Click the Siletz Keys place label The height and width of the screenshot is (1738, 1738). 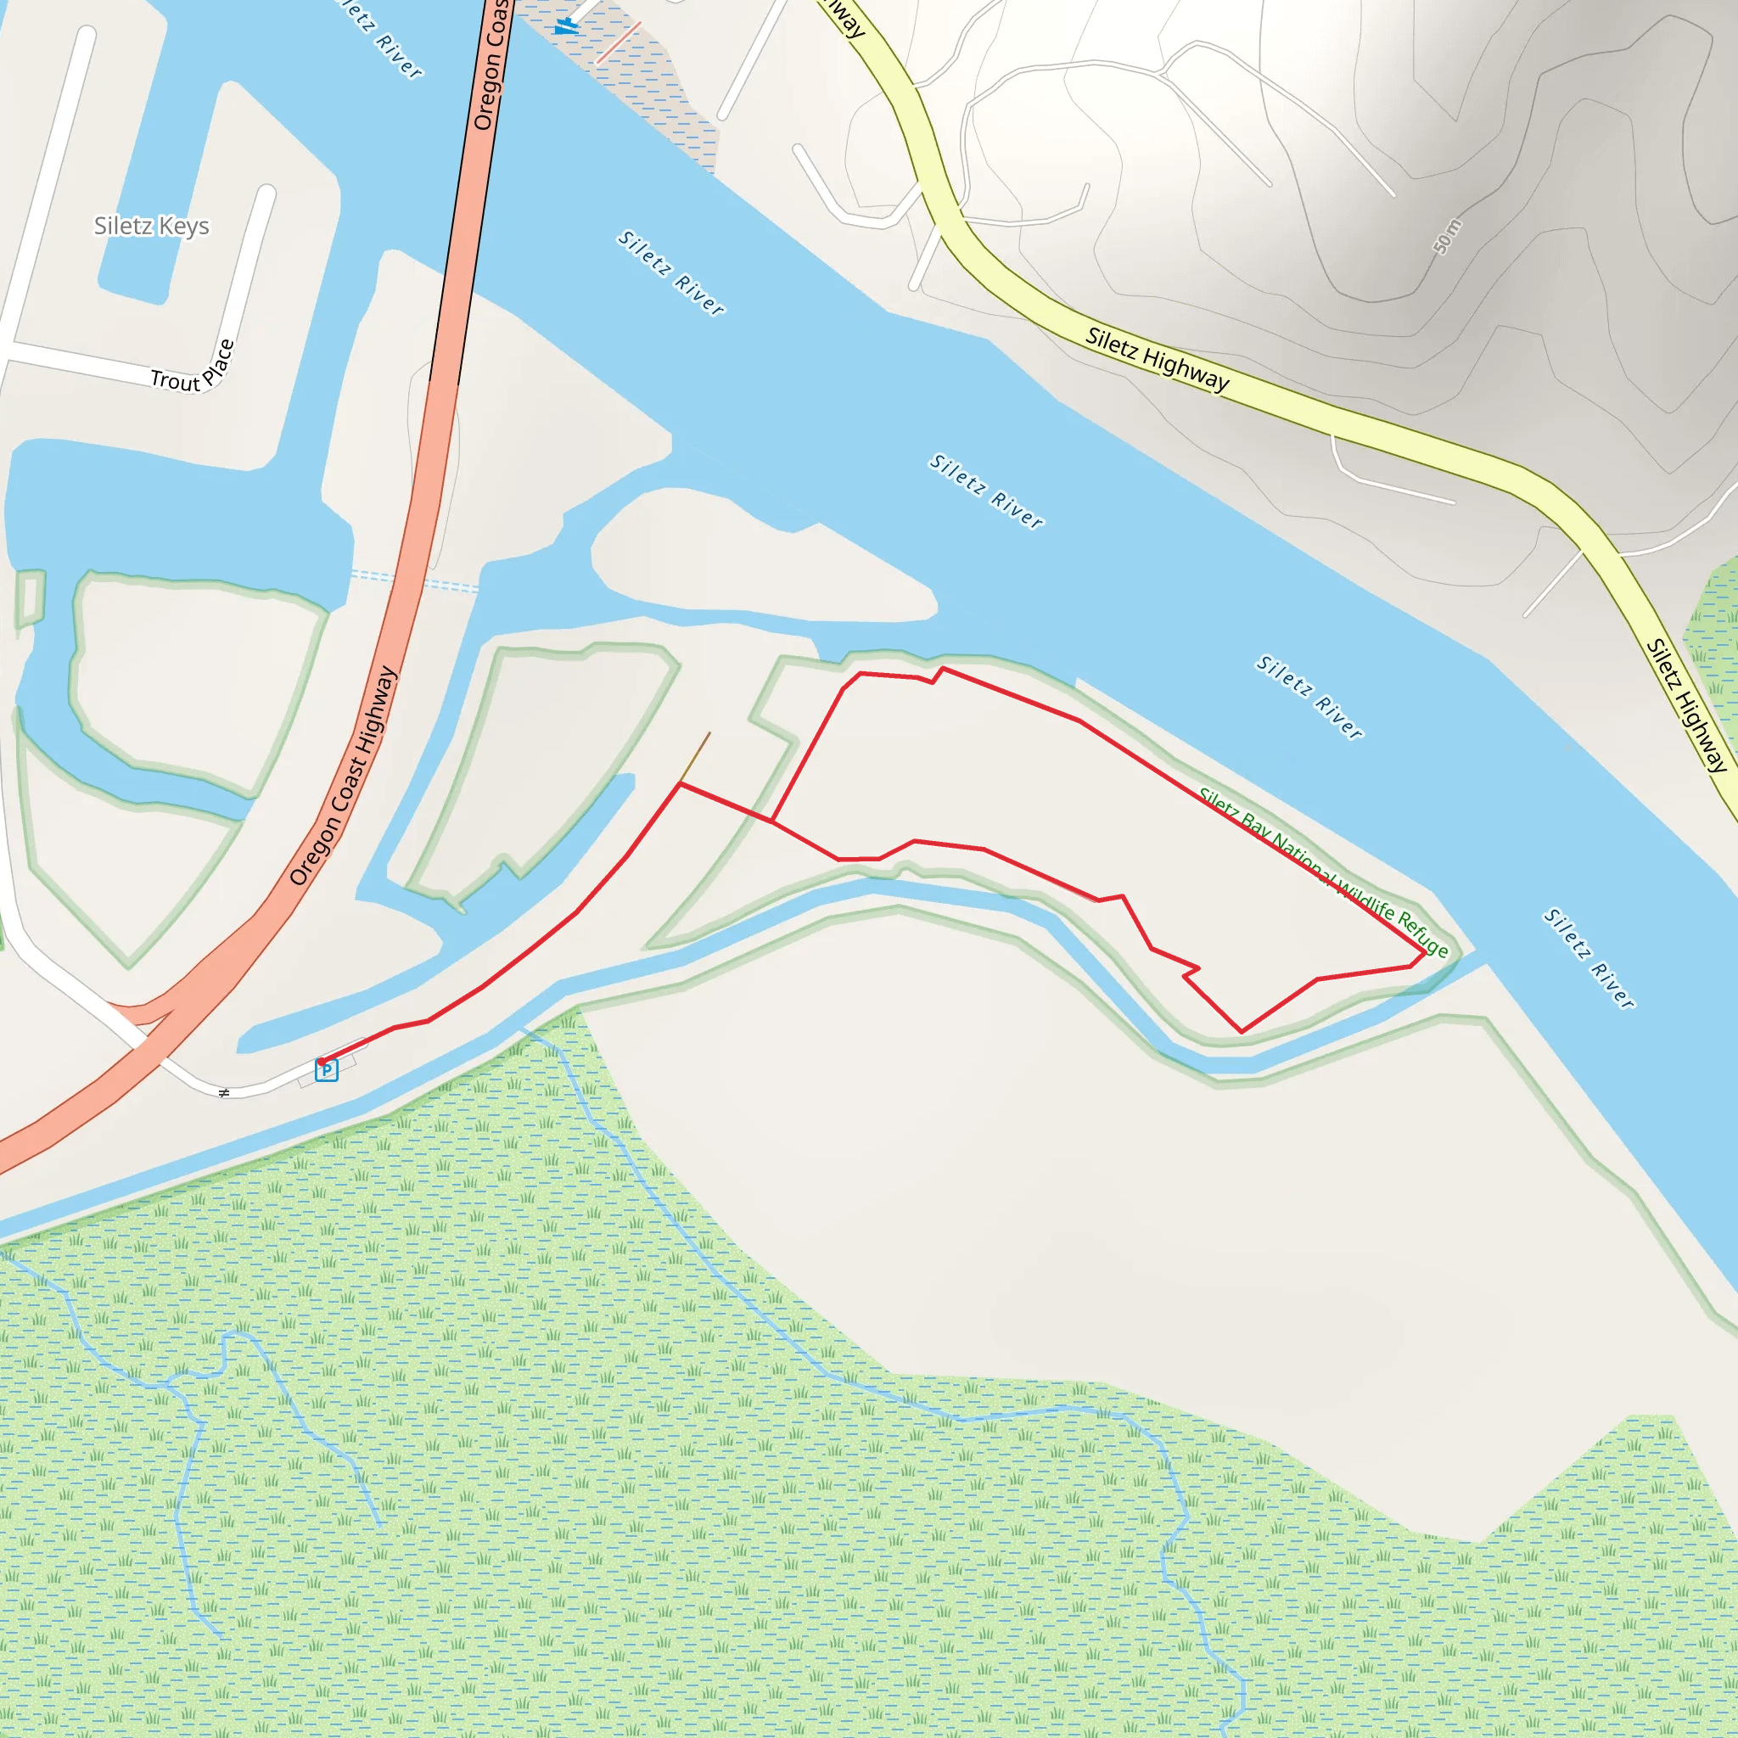point(151,226)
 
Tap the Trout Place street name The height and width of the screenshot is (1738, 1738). point(193,369)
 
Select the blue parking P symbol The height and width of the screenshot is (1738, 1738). point(327,1070)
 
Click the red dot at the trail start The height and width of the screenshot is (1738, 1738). point(321,1062)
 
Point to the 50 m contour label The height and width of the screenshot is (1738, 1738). point(1448,237)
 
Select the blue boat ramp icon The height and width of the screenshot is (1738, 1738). point(566,25)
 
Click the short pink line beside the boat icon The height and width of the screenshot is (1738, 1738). point(618,42)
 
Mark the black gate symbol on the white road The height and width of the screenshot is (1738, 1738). point(224,1093)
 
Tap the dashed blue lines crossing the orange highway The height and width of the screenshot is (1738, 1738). point(414,581)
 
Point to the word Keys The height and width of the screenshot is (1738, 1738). point(185,226)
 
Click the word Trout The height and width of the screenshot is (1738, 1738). point(175,380)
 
